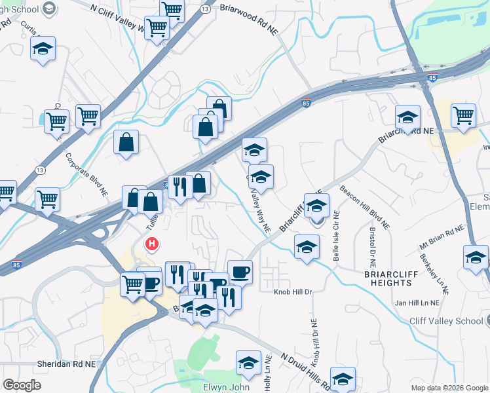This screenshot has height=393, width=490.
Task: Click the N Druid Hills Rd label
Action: click(x=308, y=370)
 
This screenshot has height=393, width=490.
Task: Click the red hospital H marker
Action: click(x=152, y=244)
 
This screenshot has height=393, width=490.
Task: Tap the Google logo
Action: click(x=22, y=385)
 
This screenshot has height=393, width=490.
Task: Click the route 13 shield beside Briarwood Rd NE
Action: click(x=205, y=9)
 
